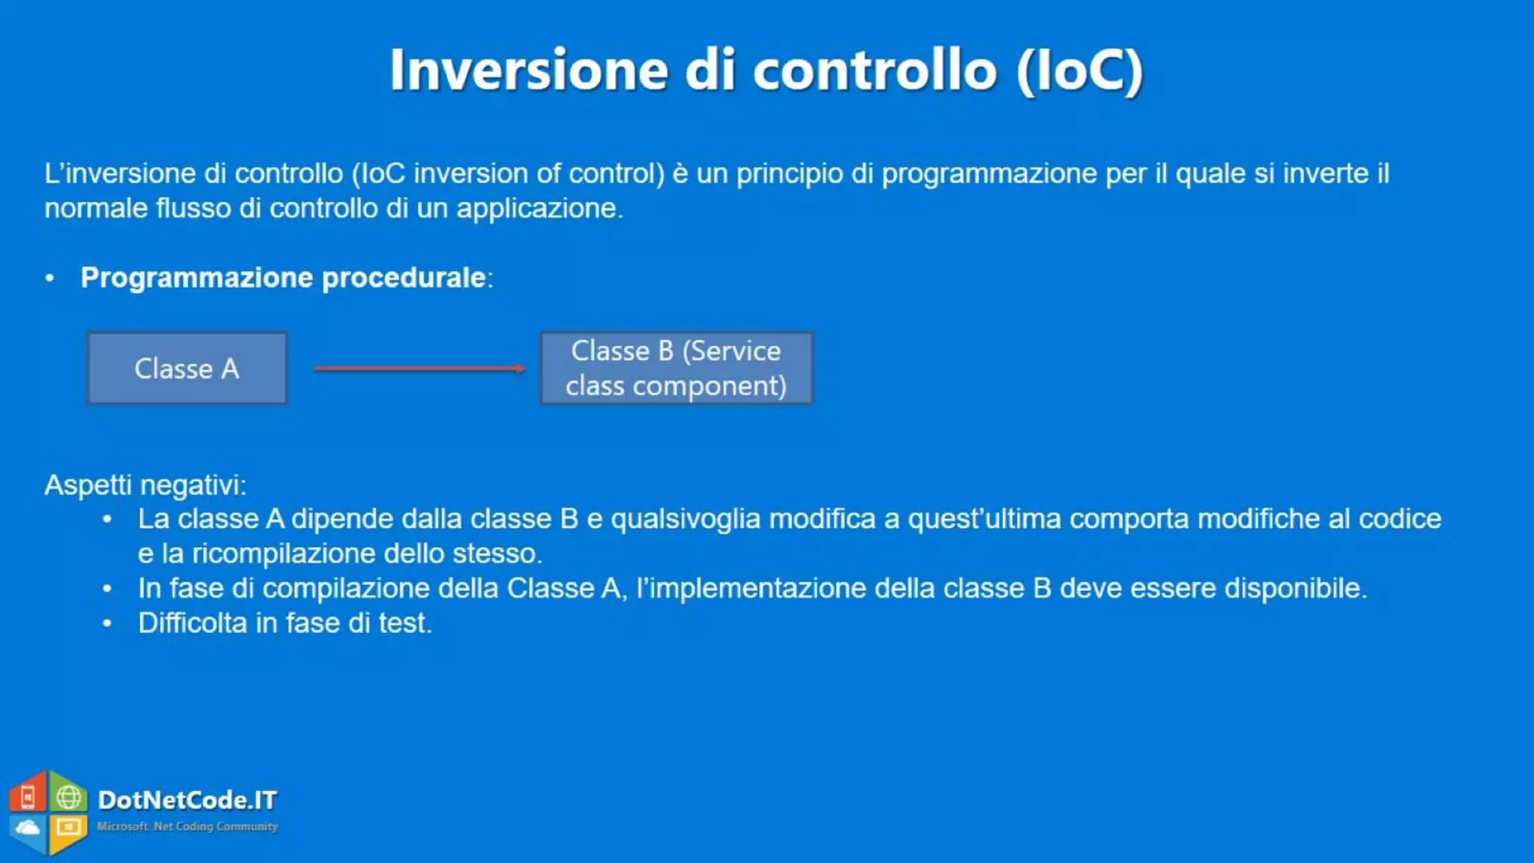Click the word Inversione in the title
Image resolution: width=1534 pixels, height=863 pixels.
pos(528,70)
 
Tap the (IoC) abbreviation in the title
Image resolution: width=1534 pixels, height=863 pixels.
pos(1079,70)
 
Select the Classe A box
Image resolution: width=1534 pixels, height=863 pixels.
pos(187,369)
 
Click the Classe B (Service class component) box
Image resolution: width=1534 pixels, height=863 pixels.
pos(676,369)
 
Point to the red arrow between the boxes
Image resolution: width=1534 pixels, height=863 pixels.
pos(419,368)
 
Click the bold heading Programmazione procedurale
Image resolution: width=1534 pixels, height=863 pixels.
pos(283,278)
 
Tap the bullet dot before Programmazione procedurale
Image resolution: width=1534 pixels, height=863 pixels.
pos(49,279)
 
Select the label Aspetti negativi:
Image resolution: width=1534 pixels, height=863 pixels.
pos(145,485)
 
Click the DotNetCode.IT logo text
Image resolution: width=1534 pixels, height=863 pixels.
pos(187,800)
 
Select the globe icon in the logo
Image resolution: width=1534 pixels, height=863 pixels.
pos(69,797)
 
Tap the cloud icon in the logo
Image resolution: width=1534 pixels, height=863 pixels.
pos(28,828)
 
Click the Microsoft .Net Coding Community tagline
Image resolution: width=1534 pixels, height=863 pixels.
pos(187,826)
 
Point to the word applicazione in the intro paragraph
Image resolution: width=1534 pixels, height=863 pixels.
pos(539,208)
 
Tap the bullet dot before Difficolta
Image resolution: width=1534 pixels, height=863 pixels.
pos(107,623)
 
